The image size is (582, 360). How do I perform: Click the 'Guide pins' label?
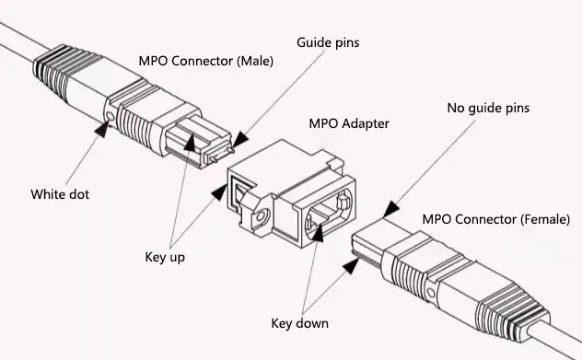point(328,42)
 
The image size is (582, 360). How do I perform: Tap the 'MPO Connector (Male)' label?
point(206,61)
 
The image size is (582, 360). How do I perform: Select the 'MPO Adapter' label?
point(349,123)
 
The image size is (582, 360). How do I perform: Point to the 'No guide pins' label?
point(488,108)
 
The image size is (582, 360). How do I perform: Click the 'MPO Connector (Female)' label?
point(495,219)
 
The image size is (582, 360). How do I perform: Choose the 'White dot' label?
point(60,194)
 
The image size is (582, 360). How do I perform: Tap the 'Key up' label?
point(165,257)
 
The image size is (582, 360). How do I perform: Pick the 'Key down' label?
point(300,323)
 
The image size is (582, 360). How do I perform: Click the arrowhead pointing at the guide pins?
point(241,140)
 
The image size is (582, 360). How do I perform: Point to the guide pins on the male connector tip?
point(222,155)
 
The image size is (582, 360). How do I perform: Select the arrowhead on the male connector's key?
point(190,144)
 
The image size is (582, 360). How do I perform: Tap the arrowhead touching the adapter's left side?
point(219,192)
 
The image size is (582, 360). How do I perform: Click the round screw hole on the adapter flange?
point(261,216)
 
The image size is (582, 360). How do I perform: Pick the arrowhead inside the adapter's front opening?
point(318,232)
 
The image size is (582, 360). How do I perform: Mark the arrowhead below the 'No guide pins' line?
point(390,209)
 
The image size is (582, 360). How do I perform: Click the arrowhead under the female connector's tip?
point(352,266)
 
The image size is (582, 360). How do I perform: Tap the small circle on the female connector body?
point(431,292)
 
